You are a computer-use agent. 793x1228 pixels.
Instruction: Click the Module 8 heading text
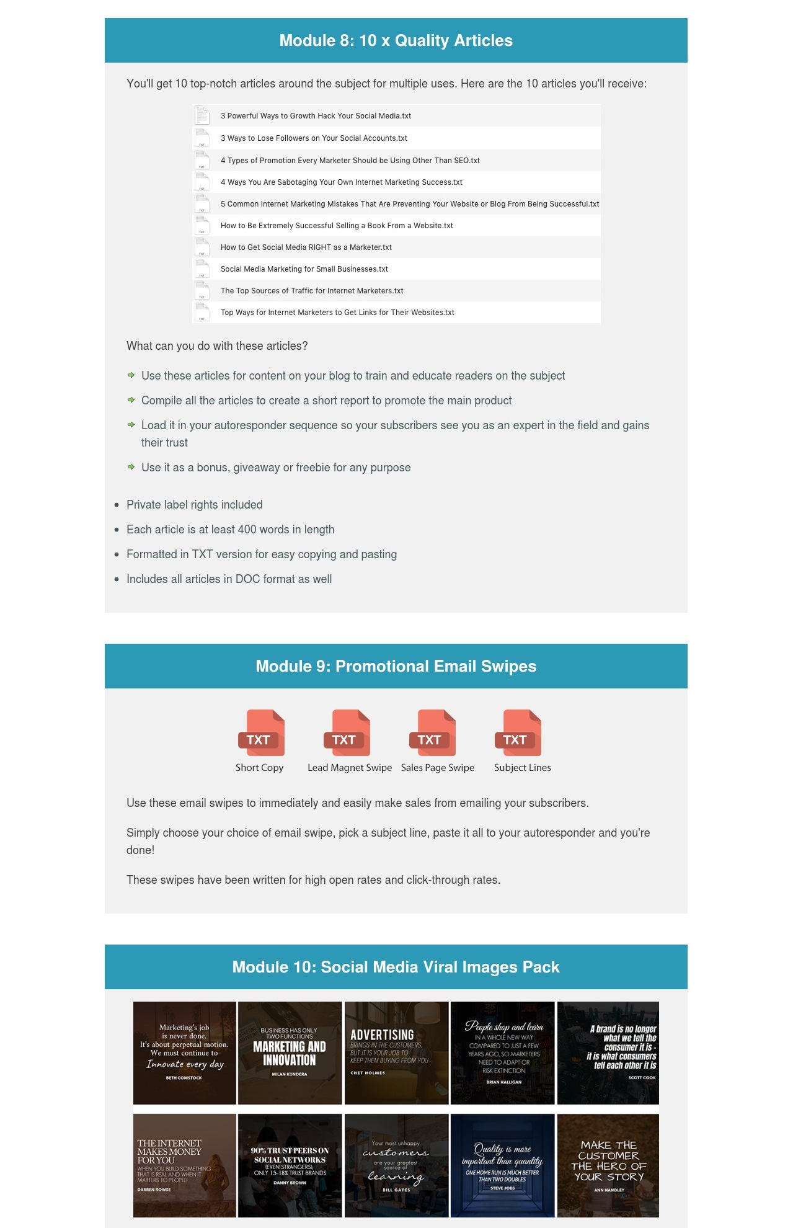click(396, 41)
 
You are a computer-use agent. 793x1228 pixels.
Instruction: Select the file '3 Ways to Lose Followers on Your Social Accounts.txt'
click(314, 138)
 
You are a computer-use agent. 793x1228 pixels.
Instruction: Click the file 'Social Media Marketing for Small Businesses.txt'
click(304, 269)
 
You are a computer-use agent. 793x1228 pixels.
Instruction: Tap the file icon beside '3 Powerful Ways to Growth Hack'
click(202, 115)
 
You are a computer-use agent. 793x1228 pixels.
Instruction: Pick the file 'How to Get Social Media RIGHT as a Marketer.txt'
click(306, 247)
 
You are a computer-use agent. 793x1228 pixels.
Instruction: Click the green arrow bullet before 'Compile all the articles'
click(131, 400)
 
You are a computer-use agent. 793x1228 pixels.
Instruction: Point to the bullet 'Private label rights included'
click(194, 505)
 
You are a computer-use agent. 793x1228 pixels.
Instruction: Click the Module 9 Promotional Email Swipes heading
click(396, 667)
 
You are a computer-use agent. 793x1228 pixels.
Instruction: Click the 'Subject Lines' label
click(522, 768)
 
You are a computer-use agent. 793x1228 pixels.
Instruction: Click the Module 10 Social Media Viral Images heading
click(396, 968)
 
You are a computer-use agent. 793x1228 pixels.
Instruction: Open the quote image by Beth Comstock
click(184, 1053)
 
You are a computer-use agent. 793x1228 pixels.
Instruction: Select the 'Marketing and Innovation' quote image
click(290, 1053)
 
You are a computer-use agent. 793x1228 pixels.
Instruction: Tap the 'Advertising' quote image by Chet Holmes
click(396, 1053)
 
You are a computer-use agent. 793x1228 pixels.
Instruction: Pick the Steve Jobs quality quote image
click(502, 1165)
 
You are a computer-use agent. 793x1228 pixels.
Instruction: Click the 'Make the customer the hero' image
click(608, 1165)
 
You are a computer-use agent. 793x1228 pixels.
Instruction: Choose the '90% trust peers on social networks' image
click(290, 1165)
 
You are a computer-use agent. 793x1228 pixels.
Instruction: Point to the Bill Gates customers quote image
click(396, 1165)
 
